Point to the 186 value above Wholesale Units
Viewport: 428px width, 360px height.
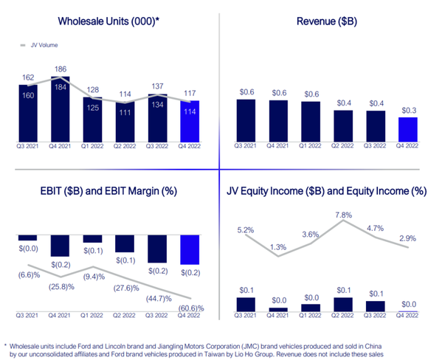point(60,71)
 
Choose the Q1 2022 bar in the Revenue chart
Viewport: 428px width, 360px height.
point(311,121)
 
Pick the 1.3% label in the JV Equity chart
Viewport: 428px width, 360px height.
point(277,246)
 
